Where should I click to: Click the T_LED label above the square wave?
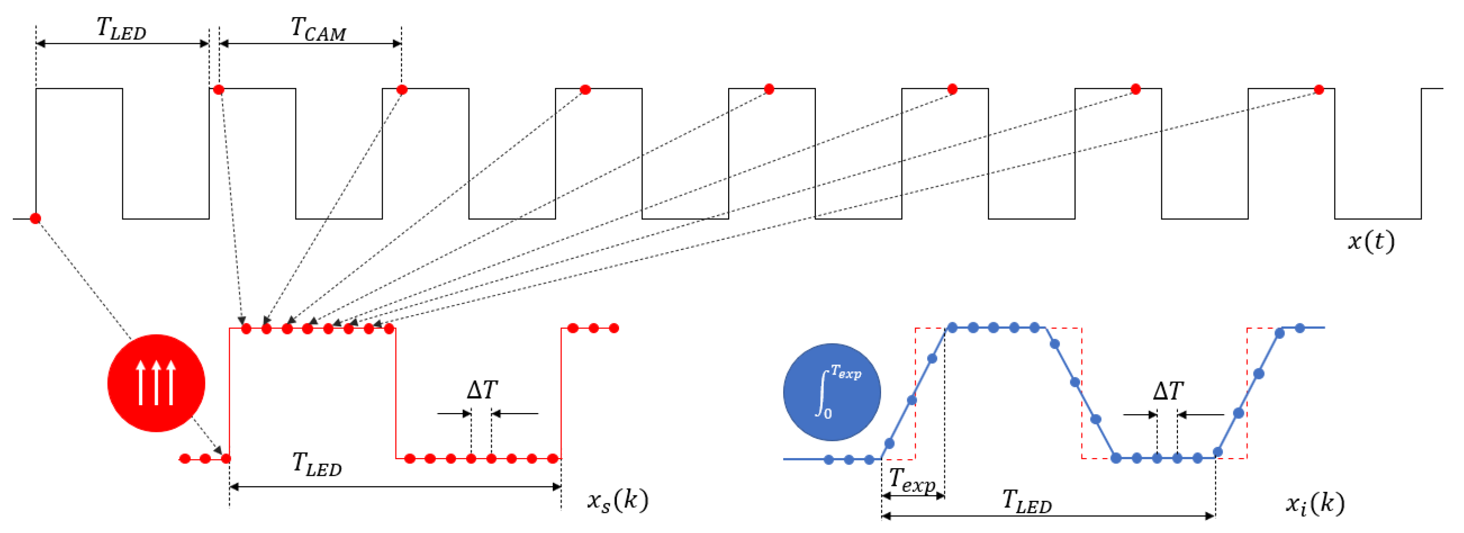(121, 28)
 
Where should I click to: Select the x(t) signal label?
(1371, 241)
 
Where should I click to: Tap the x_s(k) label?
(617, 500)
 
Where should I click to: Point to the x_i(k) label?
(1315, 503)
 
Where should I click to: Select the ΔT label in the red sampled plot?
(482, 391)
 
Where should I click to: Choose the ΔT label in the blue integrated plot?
(1168, 392)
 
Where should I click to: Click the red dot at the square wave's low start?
(35, 218)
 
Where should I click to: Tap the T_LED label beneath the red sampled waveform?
(317, 464)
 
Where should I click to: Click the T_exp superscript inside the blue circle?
(846, 373)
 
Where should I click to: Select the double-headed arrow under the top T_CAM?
(310, 43)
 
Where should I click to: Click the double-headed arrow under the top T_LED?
(122, 43)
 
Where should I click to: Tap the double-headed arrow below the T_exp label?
(913, 495)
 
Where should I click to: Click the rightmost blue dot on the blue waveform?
(1300, 328)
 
